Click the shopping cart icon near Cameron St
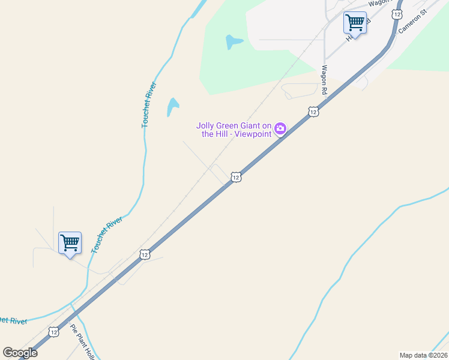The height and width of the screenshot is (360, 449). click(355, 23)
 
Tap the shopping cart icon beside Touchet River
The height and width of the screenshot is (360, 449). click(70, 243)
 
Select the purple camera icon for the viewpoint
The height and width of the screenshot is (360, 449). click(280, 128)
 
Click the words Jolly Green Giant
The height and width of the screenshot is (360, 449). click(234, 125)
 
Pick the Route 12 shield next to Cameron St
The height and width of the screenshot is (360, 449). click(397, 14)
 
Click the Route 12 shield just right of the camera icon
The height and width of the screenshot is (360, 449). click(313, 112)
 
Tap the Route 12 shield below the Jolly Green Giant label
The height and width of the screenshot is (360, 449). click(236, 177)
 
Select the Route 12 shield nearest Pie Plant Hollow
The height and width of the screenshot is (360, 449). click(54, 332)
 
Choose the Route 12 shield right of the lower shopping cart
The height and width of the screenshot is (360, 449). click(145, 254)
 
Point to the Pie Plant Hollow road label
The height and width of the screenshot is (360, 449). click(83, 342)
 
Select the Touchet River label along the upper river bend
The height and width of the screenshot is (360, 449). click(149, 104)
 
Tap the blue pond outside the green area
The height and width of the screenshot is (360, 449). click(172, 107)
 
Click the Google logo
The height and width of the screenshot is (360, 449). click(20, 352)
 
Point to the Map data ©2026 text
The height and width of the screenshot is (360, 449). click(423, 355)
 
